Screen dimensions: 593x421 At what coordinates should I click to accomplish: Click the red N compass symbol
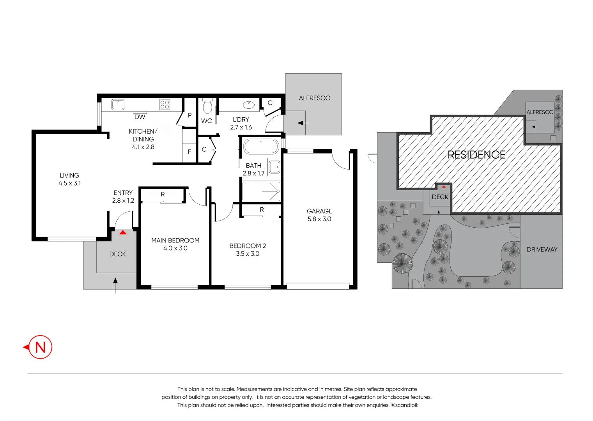click(x=40, y=347)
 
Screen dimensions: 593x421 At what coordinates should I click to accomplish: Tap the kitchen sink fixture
click(x=117, y=104)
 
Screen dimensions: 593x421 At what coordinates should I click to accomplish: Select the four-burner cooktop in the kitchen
click(x=165, y=104)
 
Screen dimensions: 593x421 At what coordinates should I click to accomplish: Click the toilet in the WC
click(x=207, y=106)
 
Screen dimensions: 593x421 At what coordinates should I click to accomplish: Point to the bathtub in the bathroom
click(x=261, y=147)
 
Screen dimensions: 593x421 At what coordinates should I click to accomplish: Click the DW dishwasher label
click(x=140, y=117)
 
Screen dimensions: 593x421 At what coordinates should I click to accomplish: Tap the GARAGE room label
click(x=319, y=211)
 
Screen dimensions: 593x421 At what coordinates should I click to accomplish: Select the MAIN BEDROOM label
click(x=175, y=240)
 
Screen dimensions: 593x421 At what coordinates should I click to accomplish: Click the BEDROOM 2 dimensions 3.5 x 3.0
click(x=248, y=253)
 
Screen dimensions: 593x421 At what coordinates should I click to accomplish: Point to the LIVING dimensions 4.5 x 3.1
click(x=70, y=183)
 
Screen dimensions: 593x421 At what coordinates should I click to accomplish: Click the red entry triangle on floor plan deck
click(x=123, y=232)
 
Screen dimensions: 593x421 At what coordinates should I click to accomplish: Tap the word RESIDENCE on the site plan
click(x=476, y=155)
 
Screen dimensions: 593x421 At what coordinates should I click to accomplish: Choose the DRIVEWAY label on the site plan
click(x=542, y=249)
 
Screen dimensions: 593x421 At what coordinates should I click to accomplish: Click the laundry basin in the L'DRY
click(x=249, y=105)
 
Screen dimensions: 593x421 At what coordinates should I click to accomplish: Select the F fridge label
click(x=189, y=152)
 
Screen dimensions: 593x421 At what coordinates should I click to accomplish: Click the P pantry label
click(x=189, y=115)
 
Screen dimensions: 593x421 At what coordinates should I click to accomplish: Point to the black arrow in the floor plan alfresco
click(x=303, y=123)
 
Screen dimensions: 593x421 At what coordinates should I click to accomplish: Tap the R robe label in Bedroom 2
click(x=262, y=210)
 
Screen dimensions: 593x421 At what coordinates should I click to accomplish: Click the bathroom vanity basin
click(x=274, y=167)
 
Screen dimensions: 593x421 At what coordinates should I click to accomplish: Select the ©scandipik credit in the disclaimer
click(x=405, y=405)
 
